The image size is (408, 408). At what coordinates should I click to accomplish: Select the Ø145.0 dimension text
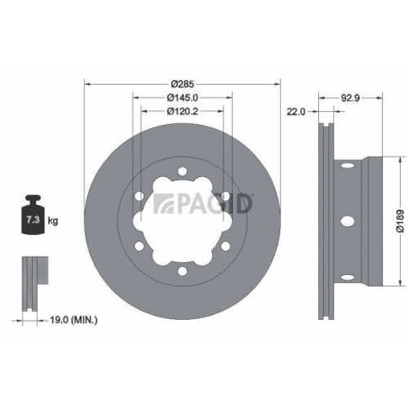(x=182, y=97)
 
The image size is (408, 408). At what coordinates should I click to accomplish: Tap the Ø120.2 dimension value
(x=182, y=112)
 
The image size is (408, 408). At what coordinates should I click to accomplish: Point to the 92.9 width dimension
(x=351, y=96)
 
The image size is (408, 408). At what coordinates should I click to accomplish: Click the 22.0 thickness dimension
(x=295, y=112)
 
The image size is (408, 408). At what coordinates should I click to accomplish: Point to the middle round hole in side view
(x=349, y=221)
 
